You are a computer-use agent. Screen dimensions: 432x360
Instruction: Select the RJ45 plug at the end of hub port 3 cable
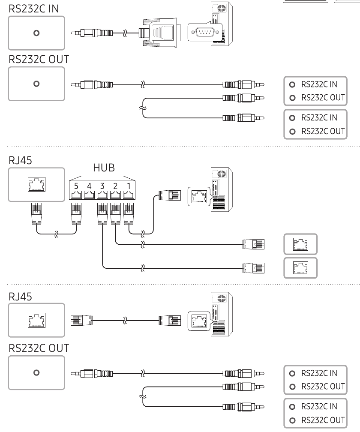(x=253, y=268)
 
